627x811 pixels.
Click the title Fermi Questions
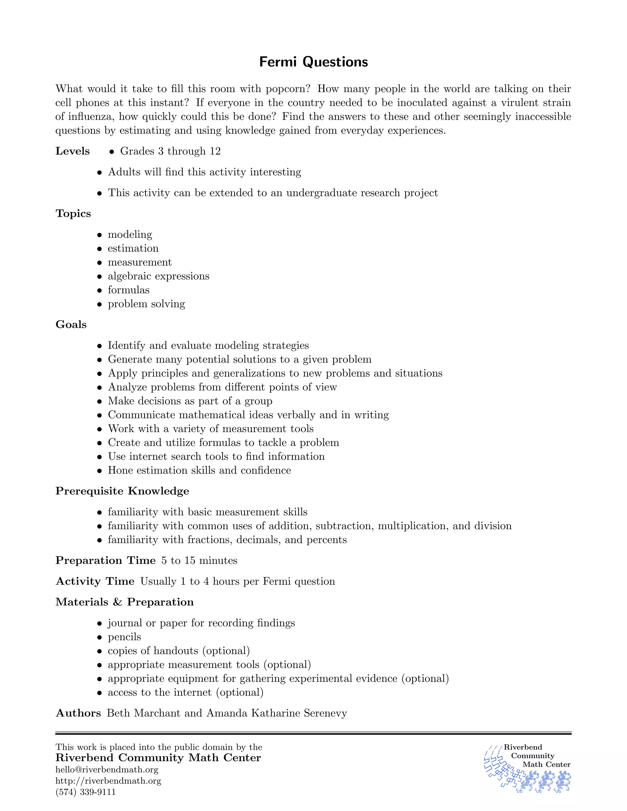click(313, 62)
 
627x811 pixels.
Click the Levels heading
click(73, 151)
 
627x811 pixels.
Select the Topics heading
click(73, 214)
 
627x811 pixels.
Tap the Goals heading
click(71, 324)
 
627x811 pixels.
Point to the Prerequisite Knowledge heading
click(122, 491)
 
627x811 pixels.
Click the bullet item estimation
click(133, 248)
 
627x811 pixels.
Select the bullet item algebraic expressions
click(159, 276)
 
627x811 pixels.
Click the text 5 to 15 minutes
click(200, 560)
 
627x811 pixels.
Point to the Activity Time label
click(95, 581)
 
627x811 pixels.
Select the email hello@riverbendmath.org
click(107, 769)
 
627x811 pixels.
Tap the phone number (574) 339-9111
click(85, 792)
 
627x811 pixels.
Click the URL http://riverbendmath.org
click(108, 781)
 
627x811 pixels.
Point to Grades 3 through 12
click(170, 151)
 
